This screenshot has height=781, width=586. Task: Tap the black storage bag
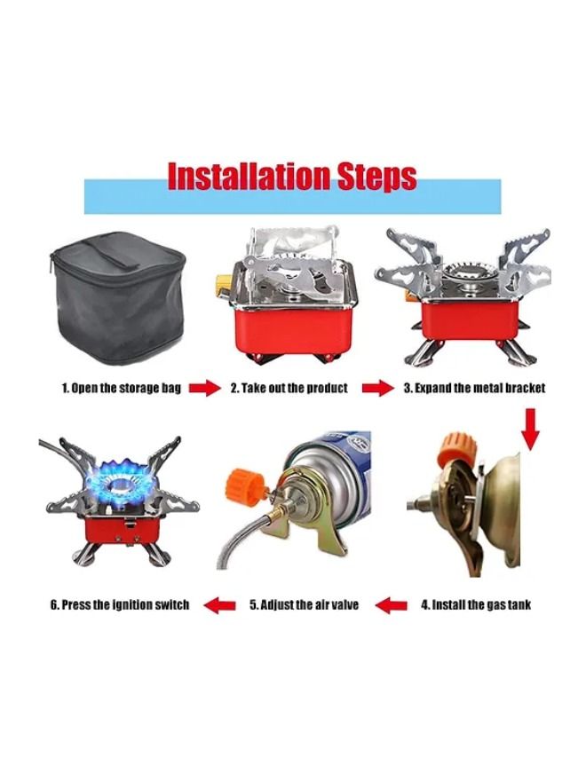[118, 299]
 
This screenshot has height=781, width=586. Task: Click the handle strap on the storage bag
[117, 253]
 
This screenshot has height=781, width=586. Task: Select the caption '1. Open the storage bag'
[121, 388]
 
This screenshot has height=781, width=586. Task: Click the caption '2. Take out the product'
[289, 388]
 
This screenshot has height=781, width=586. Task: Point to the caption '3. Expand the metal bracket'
[474, 388]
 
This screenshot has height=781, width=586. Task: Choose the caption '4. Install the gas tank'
[476, 604]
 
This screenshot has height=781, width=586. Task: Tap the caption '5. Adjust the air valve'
[304, 604]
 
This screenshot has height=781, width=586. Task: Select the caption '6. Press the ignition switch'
[120, 604]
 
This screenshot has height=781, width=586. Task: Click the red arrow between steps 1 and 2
[204, 388]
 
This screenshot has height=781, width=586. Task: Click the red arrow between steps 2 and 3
[377, 388]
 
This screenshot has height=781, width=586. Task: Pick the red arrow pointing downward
[531, 430]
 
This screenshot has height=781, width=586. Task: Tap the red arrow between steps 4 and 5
[392, 605]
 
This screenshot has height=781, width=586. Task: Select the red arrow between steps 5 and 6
[220, 605]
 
